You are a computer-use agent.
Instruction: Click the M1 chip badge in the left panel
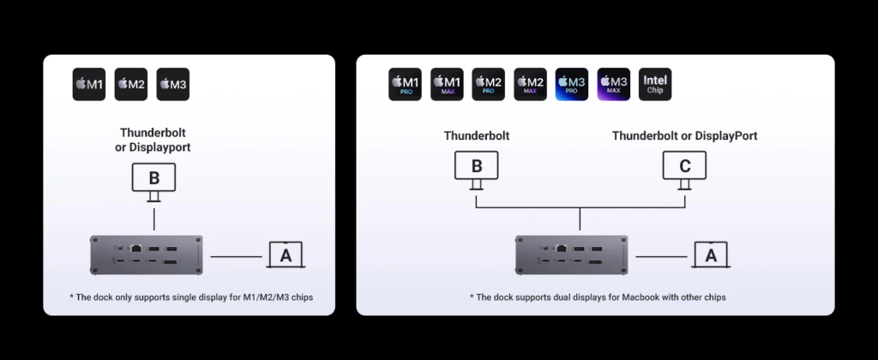tap(89, 85)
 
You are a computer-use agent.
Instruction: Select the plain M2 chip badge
tap(131, 85)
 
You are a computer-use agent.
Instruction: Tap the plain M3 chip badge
tap(173, 85)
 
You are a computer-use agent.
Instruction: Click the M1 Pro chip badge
tap(405, 85)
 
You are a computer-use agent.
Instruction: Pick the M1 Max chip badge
tap(447, 85)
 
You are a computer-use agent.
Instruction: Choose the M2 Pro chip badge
tap(489, 85)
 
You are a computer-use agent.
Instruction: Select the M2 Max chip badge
tap(530, 85)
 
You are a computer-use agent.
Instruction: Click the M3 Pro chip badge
tap(572, 85)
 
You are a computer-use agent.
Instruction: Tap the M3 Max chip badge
tap(614, 85)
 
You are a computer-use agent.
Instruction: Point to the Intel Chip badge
tap(655, 85)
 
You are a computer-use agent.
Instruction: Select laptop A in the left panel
tap(286, 255)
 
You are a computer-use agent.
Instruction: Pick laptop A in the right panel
tap(710, 255)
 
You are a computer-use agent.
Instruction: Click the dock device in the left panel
tap(147, 255)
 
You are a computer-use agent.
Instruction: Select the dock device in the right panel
tap(572, 255)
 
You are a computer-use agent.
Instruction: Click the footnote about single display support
tap(189, 297)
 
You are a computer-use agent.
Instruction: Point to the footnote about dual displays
tap(598, 297)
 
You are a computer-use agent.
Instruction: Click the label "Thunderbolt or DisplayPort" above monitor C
tap(684, 135)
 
